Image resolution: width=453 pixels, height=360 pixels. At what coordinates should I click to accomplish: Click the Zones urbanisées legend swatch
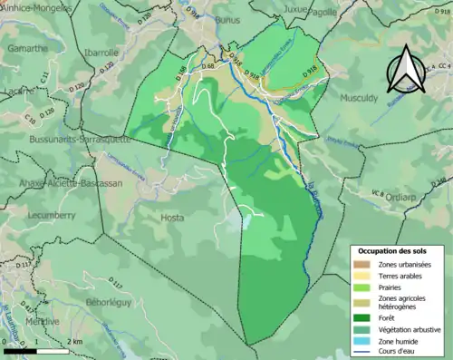click(362, 262)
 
